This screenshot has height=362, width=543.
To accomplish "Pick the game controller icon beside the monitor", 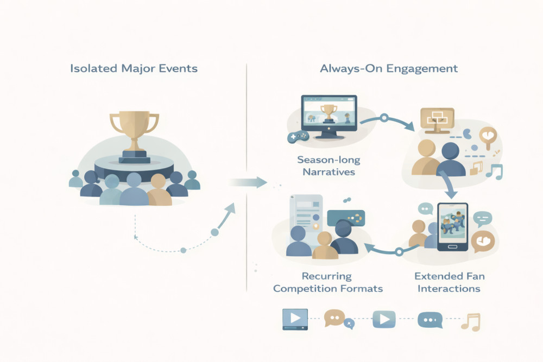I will tap(296, 138).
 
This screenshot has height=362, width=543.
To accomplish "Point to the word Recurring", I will tap(327, 276).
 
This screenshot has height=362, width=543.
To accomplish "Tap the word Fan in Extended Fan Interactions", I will tap(475, 276).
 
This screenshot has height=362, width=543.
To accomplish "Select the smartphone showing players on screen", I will tap(452, 226).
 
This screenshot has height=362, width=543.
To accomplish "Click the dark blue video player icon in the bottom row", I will tap(294, 319).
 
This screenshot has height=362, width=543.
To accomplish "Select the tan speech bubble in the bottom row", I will tap(334, 319).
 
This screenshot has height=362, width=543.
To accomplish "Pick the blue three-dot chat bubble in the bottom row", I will tap(430, 320).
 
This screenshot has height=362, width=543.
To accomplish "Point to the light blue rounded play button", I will tap(383, 319).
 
